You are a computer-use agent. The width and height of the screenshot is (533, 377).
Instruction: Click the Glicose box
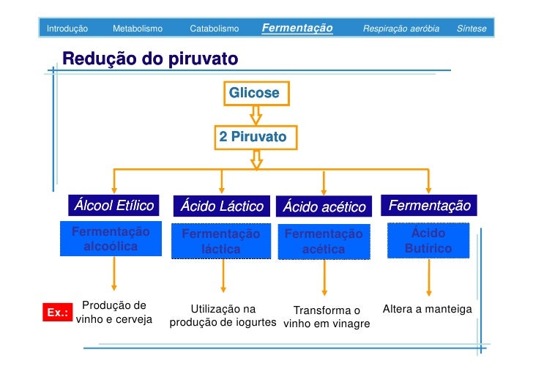point(255,94)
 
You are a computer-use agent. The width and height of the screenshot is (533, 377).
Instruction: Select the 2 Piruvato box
point(254,137)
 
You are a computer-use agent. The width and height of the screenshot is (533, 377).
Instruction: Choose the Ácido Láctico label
point(222,206)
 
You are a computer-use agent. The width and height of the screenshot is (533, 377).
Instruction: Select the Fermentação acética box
point(324,242)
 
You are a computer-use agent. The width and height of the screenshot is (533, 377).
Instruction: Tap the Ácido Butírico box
point(428,241)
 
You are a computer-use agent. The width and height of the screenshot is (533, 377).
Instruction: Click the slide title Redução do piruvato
point(150,59)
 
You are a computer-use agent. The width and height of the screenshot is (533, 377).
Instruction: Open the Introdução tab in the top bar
point(67,29)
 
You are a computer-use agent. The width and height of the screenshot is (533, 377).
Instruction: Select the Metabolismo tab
point(138,29)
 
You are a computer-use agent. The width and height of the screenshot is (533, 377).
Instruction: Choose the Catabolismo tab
point(215,29)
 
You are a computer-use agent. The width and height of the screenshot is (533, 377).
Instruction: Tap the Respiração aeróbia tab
point(401,29)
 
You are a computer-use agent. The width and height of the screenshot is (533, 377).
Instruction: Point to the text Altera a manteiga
point(428,310)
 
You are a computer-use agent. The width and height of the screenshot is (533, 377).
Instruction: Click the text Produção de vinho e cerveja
point(114,313)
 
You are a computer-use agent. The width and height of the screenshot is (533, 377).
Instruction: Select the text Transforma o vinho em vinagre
point(327,317)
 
